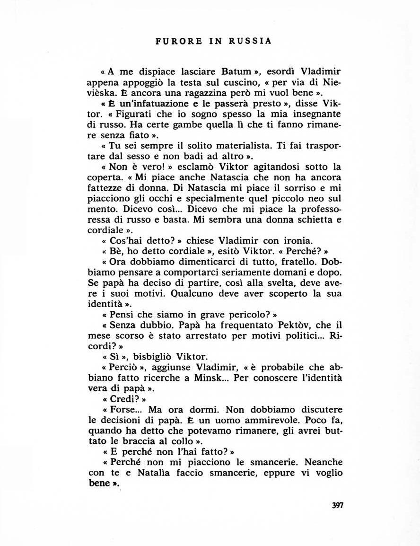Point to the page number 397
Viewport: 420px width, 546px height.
coord(337,505)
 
